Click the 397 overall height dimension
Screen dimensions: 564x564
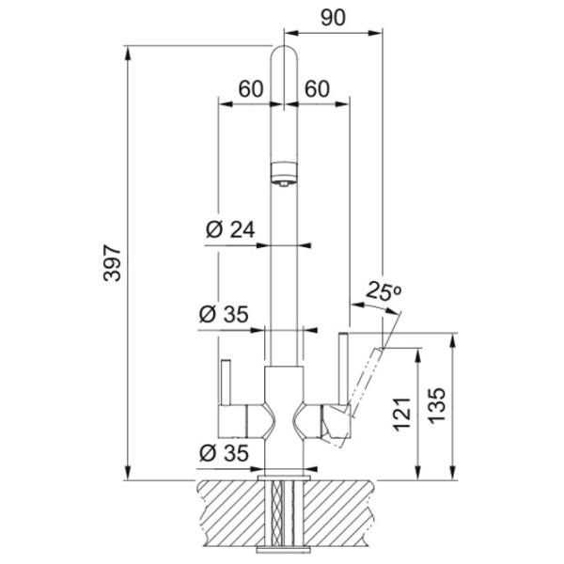(x=112, y=263)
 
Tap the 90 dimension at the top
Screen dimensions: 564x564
(x=333, y=18)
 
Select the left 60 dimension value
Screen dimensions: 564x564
(x=251, y=89)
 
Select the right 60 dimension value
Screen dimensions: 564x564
(x=317, y=89)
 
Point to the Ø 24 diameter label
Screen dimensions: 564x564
(x=230, y=229)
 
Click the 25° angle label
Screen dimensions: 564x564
(x=384, y=291)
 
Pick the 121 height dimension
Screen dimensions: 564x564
(x=401, y=414)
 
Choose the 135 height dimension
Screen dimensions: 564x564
(x=437, y=405)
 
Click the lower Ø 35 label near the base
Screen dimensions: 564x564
(x=224, y=453)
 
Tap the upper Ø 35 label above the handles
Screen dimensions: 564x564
(x=224, y=314)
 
